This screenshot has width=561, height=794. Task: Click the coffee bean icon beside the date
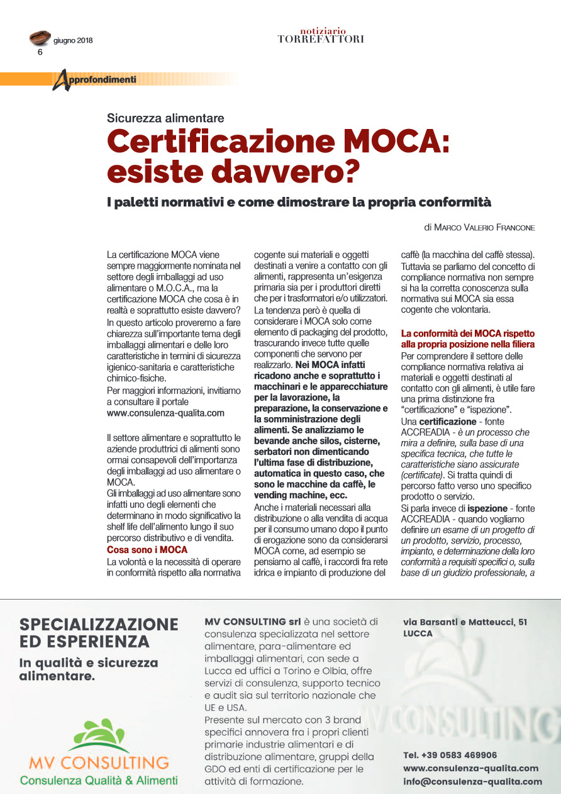(x=40, y=38)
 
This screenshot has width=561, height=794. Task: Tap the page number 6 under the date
(x=40, y=53)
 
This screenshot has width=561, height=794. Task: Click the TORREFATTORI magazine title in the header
(x=321, y=39)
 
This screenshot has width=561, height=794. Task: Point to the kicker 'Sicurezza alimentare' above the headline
(x=165, y=118)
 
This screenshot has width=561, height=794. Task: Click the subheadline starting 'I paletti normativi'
(x=298, y=203)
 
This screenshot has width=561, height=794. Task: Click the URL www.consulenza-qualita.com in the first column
(x=166, y=413)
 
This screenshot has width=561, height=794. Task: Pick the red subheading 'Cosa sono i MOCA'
(x=147, y=550)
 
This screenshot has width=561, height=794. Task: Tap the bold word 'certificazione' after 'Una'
(x=448, y=421)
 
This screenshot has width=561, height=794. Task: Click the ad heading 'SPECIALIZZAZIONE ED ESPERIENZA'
(x=99, y=632)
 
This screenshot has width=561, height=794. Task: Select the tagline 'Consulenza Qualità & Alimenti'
(x=99, y=781)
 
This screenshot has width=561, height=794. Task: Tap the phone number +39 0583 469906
(x=450, y=755)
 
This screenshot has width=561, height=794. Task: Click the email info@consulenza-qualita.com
(x=472, y=781)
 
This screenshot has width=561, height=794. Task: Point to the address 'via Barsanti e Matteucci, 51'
(x=465, y=622)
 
